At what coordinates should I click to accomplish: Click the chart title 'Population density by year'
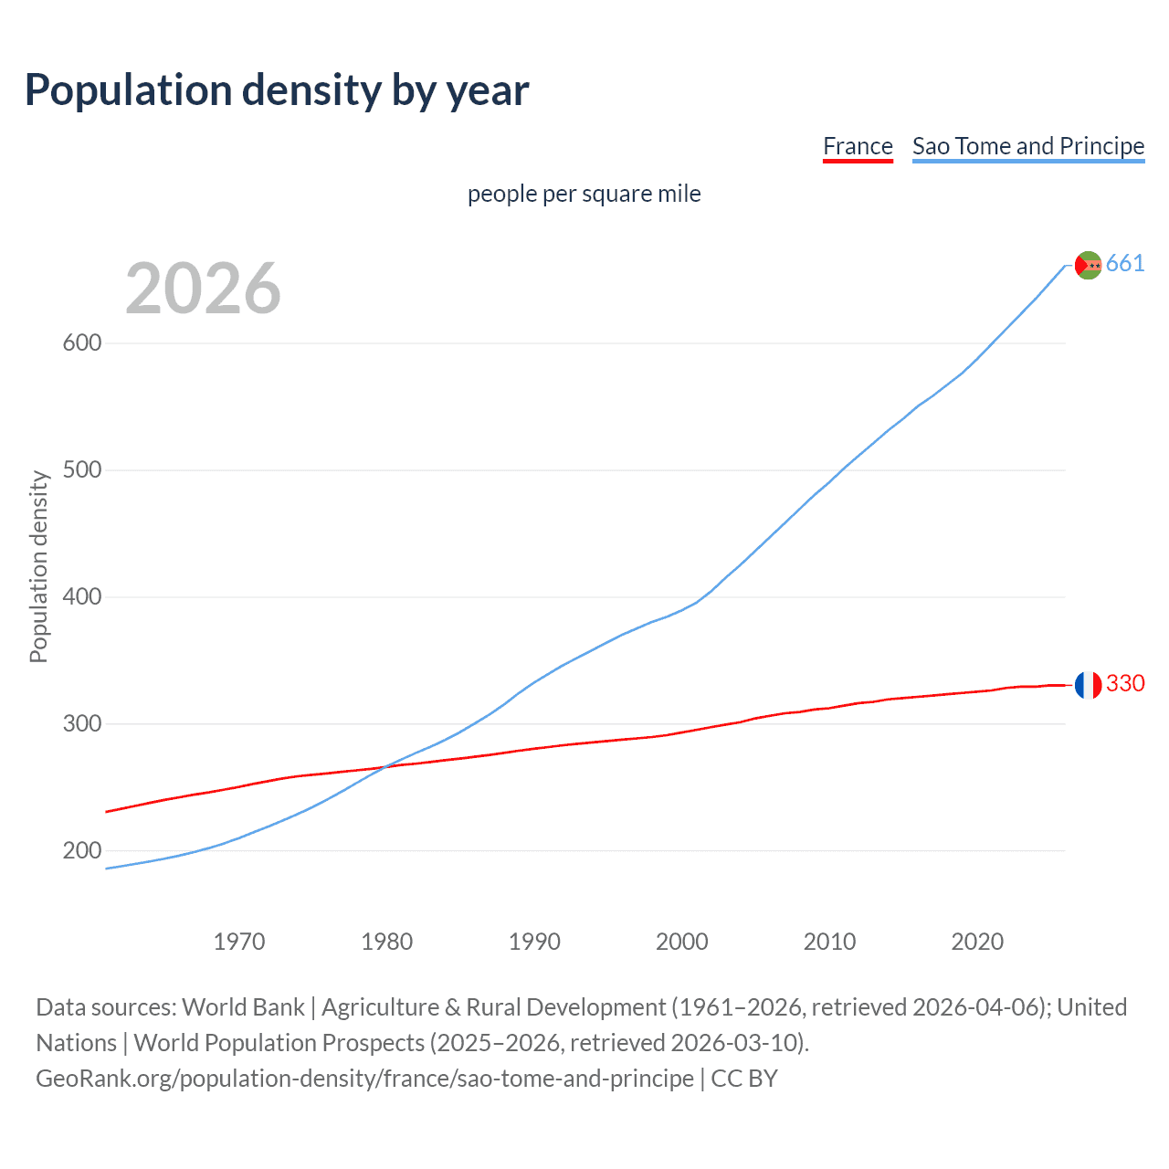click(x=277, y=90)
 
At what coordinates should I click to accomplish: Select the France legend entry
click(x=857, y=146)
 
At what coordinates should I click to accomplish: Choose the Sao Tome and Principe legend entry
click(x=1027, y=146)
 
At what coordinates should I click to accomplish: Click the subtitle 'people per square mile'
click(x=584, y=194)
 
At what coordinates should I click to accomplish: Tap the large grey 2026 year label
click(x=203, y=289)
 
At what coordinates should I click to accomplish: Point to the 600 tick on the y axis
click(x=81, y=343)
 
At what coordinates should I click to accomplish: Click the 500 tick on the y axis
click(x=81, y=470)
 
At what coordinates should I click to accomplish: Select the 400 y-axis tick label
click(x=81, y=597)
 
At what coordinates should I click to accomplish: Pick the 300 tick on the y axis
click(x=81, y=724)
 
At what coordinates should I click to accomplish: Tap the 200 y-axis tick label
click(x=81, y=851)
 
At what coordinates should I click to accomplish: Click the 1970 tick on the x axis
click(x=239, y=942)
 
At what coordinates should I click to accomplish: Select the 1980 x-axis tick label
click(x=387, y=942)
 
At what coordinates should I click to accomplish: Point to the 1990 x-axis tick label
click(x=534, y=942)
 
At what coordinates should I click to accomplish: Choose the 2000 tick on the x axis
click(x=682, y=942)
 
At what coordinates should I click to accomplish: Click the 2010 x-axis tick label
click(x=829, y=942)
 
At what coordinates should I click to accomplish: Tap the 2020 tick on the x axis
click(x=977, y=942)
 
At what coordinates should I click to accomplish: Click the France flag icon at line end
click(x=1088, y=684)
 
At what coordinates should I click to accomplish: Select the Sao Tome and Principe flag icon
click(x=1088, y=265)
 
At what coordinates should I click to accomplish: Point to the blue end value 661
click(x=1125, y=264)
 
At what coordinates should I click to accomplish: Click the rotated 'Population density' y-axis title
click(x=38, y=566)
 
